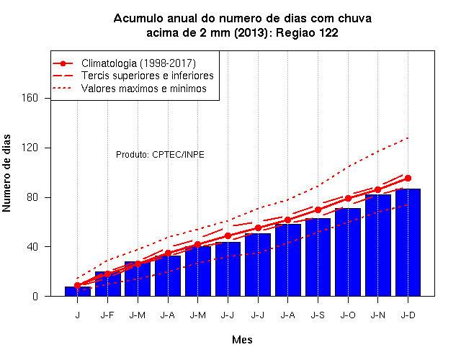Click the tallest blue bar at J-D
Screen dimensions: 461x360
click(408, 243)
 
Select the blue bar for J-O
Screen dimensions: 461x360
click(348, 252)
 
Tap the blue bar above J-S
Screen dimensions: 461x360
click(318, 257)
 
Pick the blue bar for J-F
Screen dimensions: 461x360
click(108, 284)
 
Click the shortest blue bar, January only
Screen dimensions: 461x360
click(78, 291)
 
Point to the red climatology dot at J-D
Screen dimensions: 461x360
click(408, 178)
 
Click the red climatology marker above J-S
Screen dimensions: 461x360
click(318, 210)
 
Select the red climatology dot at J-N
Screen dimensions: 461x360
click(377, 189)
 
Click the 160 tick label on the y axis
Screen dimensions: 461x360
click(30, 98)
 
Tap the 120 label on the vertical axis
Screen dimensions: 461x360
click(30, 148)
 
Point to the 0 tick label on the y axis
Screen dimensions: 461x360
click(35, 296)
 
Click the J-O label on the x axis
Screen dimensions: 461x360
click(348, 315)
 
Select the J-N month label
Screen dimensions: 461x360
click(377, 315)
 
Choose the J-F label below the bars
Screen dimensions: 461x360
click(107, 315)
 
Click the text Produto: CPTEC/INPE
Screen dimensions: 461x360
click(160, 155)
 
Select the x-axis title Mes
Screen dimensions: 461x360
click(242, 340)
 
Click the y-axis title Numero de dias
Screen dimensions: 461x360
click(6, 174)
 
